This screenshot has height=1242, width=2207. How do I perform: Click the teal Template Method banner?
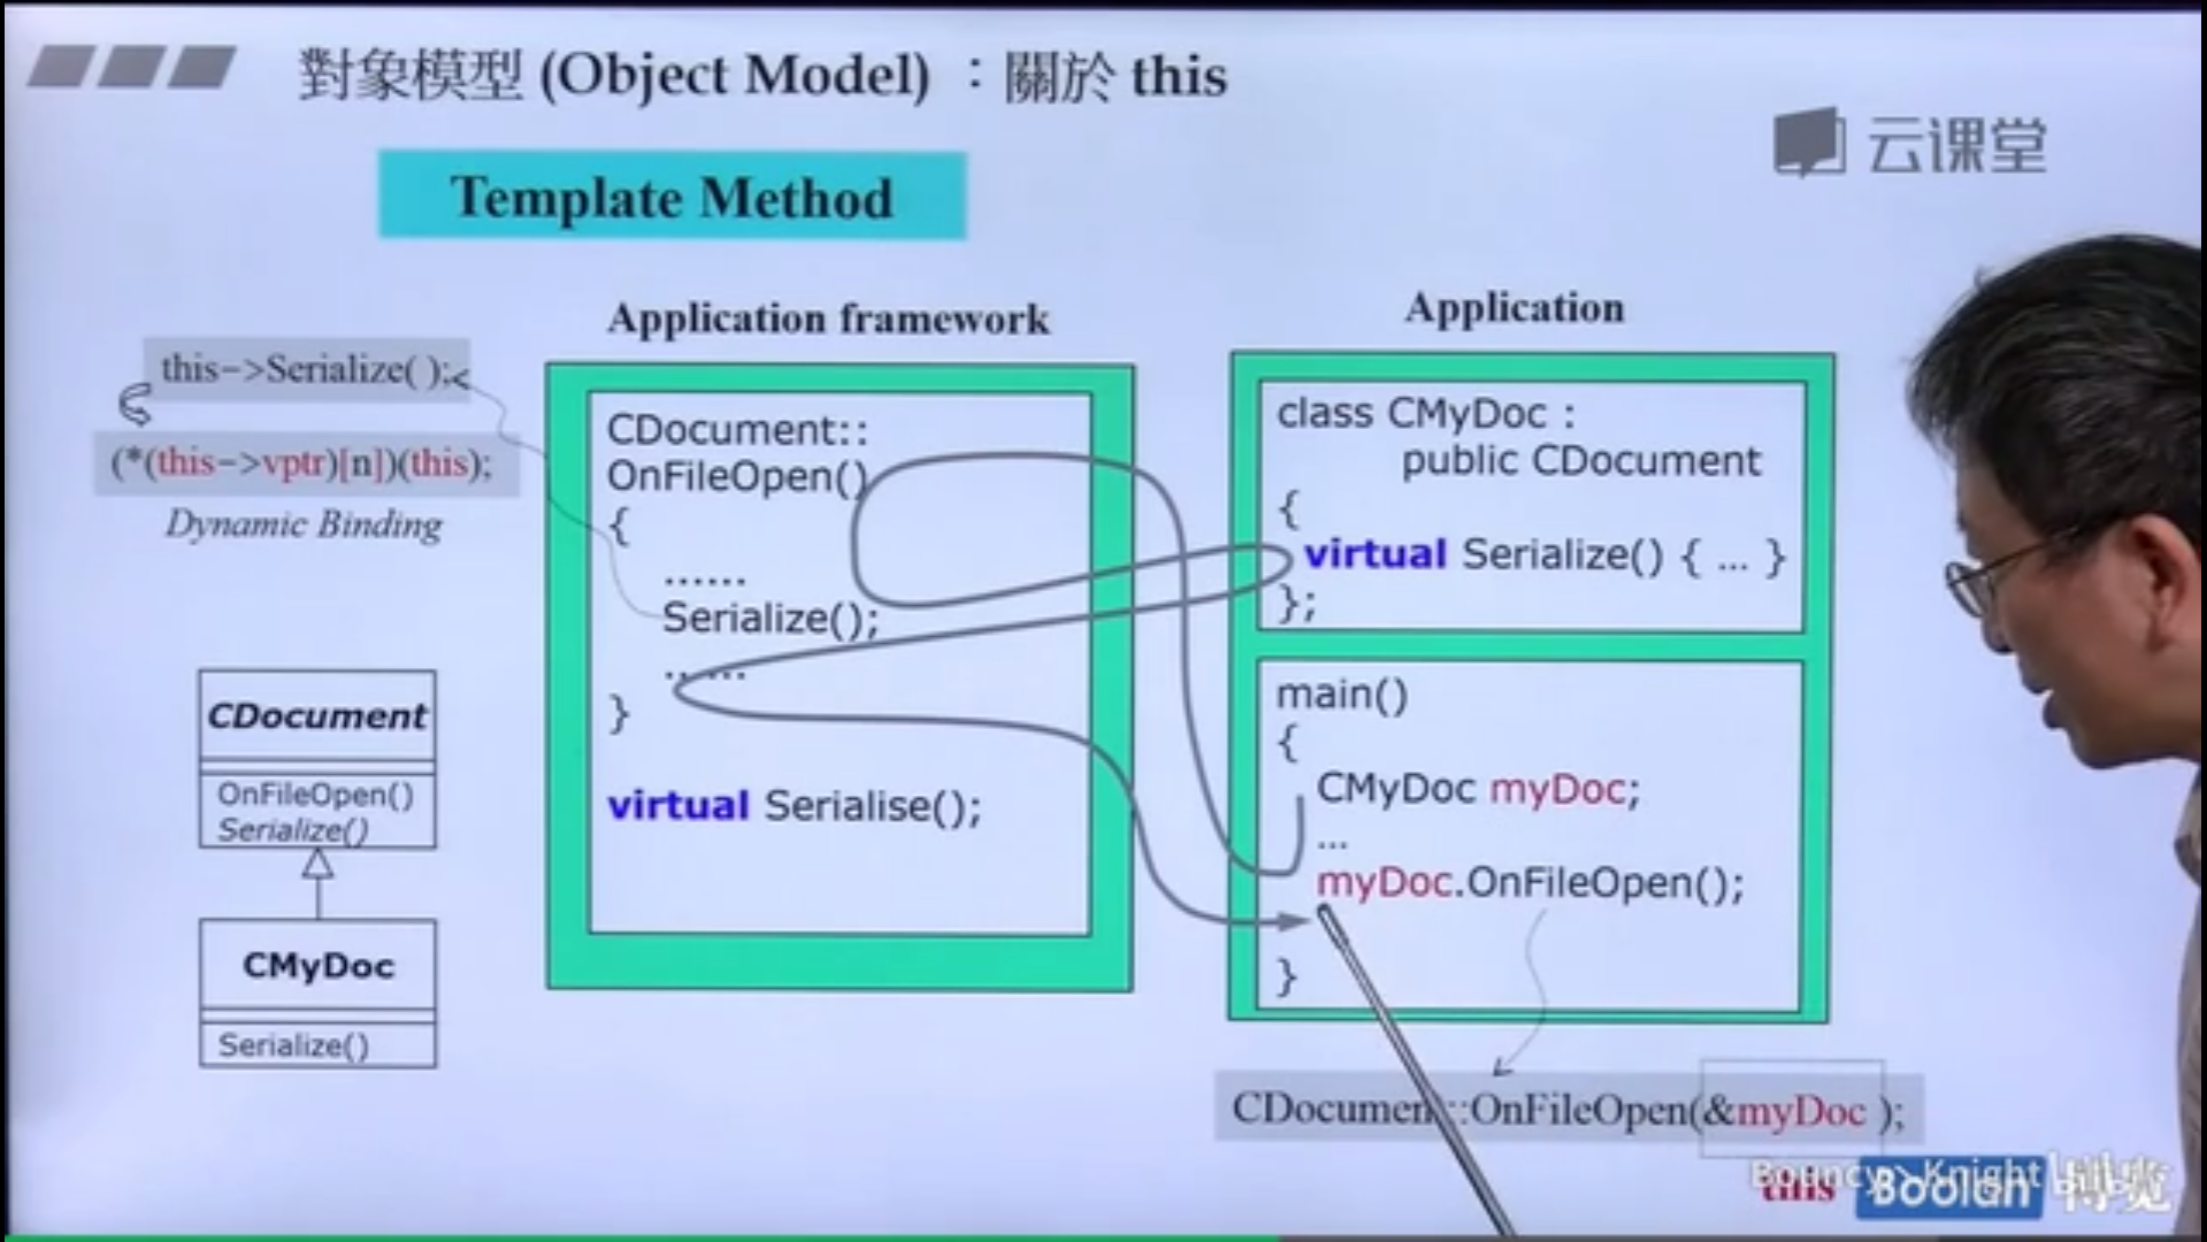672,196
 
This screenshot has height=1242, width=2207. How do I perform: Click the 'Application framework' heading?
829,319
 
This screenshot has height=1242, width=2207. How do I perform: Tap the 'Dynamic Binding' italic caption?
303,524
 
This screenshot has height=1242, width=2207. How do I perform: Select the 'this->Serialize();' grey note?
306,370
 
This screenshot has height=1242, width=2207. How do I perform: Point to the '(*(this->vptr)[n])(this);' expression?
302,463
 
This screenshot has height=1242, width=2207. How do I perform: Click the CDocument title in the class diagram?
317,716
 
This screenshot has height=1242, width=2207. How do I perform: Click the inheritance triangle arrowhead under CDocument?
318,863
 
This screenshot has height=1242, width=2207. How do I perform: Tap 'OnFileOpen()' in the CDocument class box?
315,794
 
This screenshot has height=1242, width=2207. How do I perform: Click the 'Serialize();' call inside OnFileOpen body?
770,618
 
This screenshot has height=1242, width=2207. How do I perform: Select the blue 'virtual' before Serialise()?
679,805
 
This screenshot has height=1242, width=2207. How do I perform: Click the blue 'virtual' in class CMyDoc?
1375,554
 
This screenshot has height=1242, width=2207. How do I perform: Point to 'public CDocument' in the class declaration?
1580,461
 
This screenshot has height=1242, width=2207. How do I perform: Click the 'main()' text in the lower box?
1341,694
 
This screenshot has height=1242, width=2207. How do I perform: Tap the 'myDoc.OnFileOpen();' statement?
1529,883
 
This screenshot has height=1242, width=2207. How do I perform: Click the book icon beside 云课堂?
1808,142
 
